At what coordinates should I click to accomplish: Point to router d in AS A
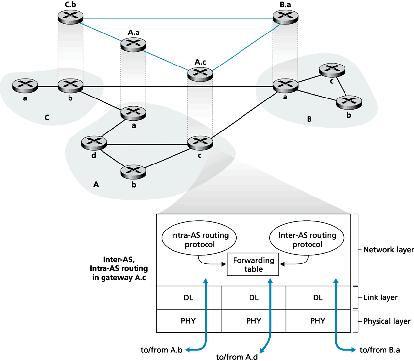point(94,143)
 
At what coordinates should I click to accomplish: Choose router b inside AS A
point(133,171)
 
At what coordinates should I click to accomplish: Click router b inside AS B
point(349,102)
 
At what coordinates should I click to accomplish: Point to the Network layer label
point(388,250)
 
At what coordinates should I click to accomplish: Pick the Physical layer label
point(387,321)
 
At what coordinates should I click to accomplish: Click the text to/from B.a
point(379,350)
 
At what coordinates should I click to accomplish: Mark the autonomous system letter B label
point(309,119)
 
